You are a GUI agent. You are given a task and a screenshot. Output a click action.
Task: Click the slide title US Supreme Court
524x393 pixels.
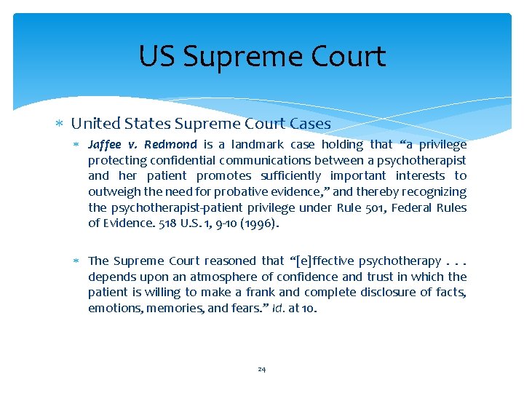coord(262,56)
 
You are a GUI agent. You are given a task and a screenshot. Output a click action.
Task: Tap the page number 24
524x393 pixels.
coord(262,369)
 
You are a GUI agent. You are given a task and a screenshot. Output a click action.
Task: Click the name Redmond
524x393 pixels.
coord(171,144)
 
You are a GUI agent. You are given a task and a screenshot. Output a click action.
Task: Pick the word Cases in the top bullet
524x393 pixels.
coord(312,124)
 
